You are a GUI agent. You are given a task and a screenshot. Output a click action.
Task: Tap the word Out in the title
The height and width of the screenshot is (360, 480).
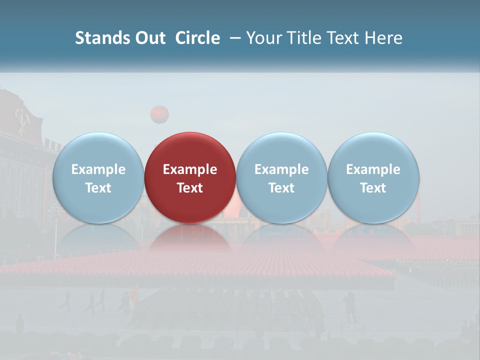pos(149,38)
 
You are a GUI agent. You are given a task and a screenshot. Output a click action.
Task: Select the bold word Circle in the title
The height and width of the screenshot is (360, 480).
pos(197,38)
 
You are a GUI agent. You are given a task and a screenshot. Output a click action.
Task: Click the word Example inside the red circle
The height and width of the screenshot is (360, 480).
pos(190,169)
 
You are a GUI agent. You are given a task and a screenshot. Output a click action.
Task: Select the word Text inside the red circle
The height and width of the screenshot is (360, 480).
pos(190,188)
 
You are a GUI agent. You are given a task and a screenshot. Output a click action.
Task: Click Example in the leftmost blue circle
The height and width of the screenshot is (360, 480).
pos(98,169)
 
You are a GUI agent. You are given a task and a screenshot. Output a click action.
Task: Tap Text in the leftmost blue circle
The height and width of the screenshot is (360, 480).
pos(98,188)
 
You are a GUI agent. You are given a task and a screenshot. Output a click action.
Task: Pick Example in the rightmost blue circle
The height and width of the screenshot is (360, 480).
pos(373,169)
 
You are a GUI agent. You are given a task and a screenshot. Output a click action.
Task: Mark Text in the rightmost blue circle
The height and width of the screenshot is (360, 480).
pos(373,188)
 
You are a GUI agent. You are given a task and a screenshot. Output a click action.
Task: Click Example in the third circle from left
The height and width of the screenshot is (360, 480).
pos(281,169)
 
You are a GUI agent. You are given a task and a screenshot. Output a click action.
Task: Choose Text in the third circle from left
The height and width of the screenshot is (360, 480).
pos(281,188)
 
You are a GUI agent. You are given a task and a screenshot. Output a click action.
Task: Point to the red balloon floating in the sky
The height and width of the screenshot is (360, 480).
pos(159,114)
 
